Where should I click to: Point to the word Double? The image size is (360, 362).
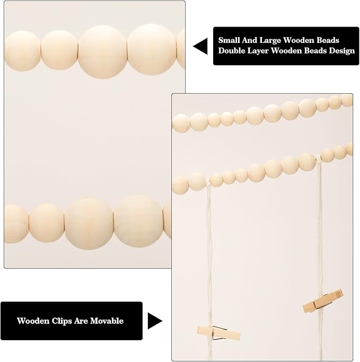(232, 50)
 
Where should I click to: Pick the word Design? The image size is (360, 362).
(342, 51)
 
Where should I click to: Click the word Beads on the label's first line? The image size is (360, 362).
(328, 40)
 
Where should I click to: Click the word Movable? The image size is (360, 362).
(107, 321)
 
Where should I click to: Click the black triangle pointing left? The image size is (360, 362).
(200, 46)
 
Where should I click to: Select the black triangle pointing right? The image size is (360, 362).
(155, 321)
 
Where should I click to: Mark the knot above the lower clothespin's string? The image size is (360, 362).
(208, 182)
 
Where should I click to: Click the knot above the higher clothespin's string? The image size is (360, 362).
(319, 159)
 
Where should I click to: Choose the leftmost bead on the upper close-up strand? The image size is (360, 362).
(22, 51)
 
